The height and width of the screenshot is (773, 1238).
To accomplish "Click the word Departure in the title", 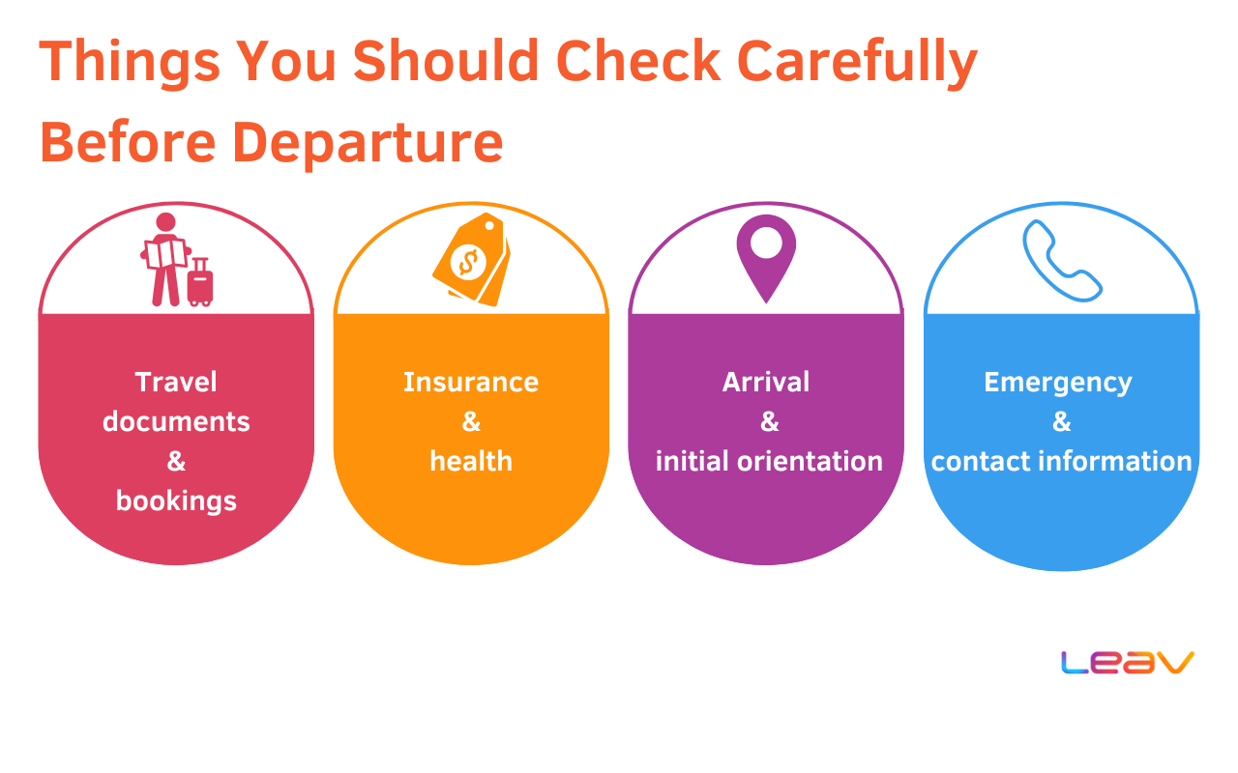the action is point(368,142).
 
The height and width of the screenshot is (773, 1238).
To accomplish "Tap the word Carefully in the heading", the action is point(857,61).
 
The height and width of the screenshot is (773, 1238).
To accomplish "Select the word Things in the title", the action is point(130,61).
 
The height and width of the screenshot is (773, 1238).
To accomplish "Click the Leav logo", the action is point(1128,662).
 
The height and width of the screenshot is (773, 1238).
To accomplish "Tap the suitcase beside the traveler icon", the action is point(200,281).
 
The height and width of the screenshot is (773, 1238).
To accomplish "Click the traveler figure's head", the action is point(165,222).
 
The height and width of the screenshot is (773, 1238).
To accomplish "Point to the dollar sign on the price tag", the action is point(468,262).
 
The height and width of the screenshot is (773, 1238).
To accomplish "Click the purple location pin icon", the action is point(766,258).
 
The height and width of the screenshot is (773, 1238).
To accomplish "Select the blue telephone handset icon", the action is point(1062,261).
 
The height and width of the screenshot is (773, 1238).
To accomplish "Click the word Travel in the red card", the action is point(176,382).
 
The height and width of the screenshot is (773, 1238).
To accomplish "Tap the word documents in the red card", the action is point(176,421).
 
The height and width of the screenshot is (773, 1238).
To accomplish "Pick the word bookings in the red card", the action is point(176,501).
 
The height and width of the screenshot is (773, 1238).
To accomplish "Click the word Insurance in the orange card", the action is point(471,382).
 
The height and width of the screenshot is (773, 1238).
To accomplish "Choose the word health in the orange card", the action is point(471,461).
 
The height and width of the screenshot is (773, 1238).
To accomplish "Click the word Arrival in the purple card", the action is point(766,382).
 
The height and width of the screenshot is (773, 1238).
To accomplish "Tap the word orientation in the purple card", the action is point(810,461).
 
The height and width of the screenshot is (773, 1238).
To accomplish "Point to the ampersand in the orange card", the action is point(471,422).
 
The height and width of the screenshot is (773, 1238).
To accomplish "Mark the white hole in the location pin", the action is point(766,243).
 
